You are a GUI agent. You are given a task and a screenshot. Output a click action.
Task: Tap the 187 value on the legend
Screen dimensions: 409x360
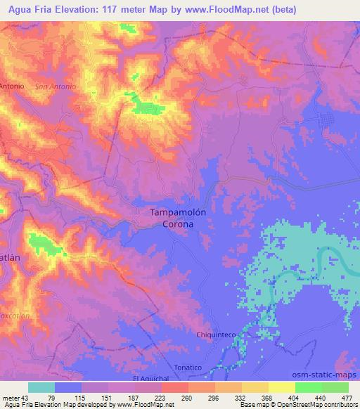point(120,397)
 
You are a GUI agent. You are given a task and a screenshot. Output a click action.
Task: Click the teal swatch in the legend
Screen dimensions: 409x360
point(41,387)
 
